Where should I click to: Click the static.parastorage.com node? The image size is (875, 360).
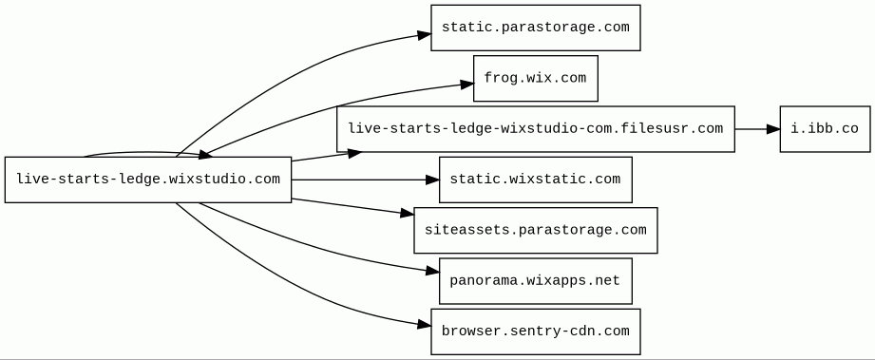click(x=535, y=28)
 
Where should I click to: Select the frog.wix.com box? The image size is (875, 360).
click(x=535, y=78)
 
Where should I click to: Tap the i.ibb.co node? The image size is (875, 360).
click(x=825, y=129)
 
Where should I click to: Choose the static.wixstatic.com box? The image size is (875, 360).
click(x=535, y=180)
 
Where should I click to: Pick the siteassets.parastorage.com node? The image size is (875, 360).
click(x=535, y=230)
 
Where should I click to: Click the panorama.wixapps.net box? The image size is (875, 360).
click(x=535, y=281)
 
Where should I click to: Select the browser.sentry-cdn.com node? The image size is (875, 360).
click(x=535, y=332)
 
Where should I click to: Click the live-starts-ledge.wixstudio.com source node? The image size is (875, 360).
click(x=148, y=180)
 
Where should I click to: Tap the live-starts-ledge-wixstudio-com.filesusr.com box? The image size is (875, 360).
click(x=535, y=129)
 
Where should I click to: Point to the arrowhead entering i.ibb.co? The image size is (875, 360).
click(x=773, y=129)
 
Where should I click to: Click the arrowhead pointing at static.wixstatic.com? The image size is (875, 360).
click(x=432, y=180)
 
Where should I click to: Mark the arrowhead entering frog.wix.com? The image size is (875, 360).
click(x=467, y=85)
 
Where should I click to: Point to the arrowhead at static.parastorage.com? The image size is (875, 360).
click(x=424, y=35)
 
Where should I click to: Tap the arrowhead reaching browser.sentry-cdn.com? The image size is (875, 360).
click(x=424, y=324)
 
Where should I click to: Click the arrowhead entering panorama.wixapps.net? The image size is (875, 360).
click(x=432, y=272)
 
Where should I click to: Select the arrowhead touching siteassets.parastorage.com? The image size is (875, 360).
click(x=408, y=213)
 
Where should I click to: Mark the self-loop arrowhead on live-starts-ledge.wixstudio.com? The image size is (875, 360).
click(x=205, y=154)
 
